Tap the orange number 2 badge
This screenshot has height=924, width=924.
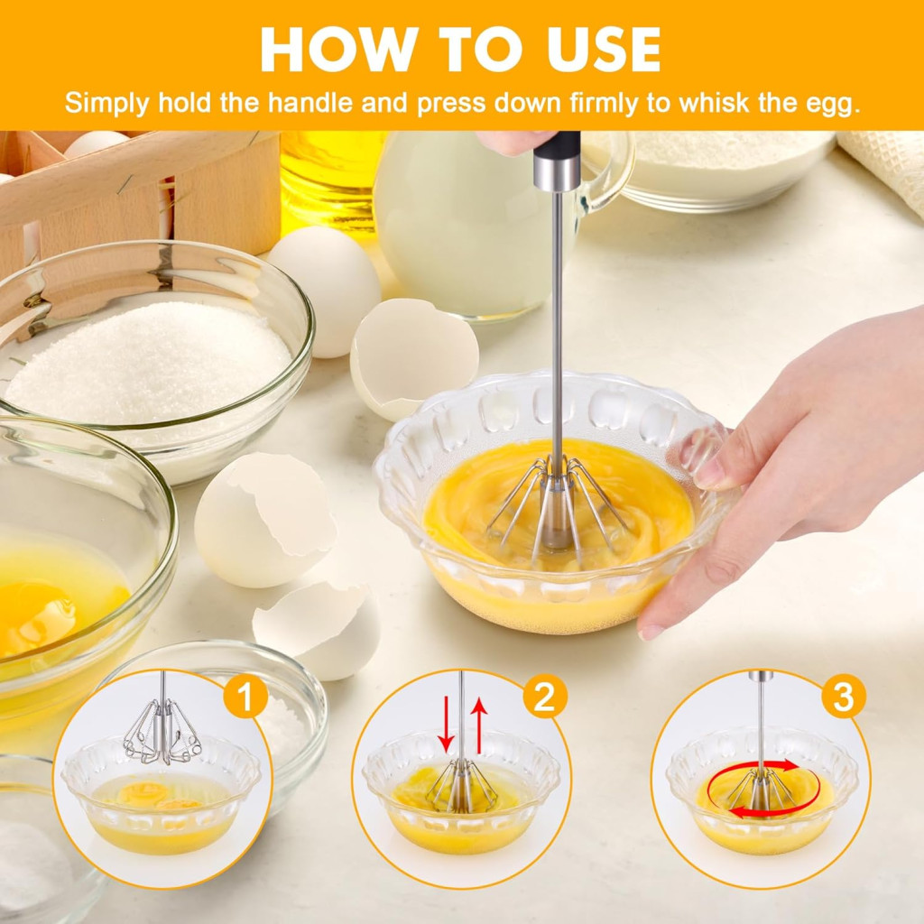pos(544,696)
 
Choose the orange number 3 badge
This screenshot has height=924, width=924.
pos(844,696)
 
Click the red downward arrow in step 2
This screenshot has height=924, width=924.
pos(447,725)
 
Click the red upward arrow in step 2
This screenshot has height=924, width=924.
pos(480,725)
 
